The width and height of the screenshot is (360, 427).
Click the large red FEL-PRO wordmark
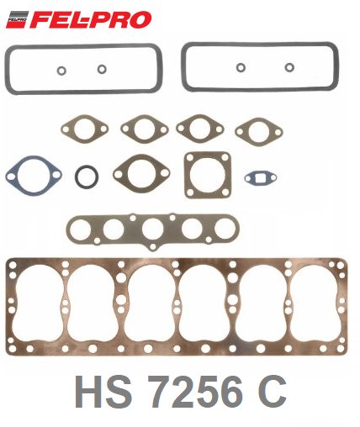90,20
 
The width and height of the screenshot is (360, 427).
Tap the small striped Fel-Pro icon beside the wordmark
17,19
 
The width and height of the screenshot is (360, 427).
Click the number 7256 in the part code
195,392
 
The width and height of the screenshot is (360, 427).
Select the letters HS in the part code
103,392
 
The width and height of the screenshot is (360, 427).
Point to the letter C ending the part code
272,392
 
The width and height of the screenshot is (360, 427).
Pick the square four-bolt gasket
208,175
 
